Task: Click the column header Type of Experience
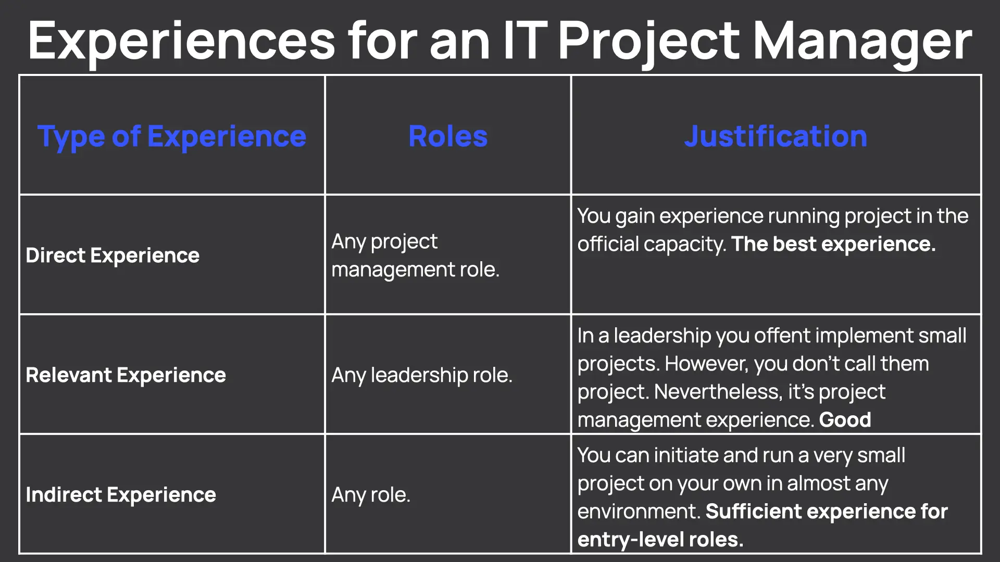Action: (171, 136)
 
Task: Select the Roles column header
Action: (448, 136)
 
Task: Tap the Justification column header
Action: (776, 136)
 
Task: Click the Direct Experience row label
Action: (113, 256)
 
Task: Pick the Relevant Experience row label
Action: (126, 375)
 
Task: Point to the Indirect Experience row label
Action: (121, 495)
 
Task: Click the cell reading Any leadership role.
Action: (422, 375)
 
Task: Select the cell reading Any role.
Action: (371, 495)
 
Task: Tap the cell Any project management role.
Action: (415, 256)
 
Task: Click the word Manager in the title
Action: (863, 42)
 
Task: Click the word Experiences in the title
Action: (182, 42)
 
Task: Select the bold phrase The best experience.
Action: (833, 244)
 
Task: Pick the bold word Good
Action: (845, 420)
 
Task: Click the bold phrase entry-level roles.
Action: (660, 540)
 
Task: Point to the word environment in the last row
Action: (639, 512)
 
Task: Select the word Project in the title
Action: (648, 42)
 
